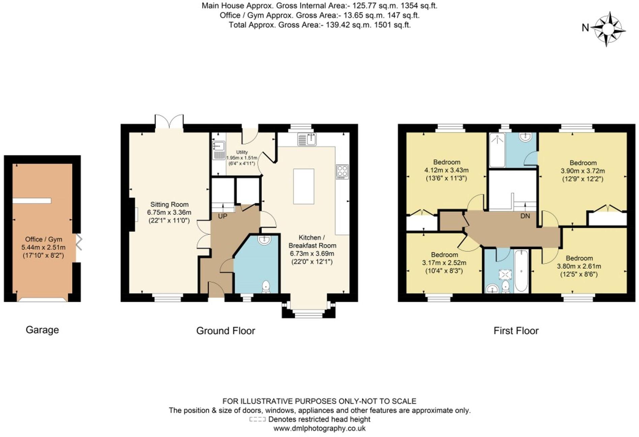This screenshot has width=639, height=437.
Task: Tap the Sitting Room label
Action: (x=169, y=204)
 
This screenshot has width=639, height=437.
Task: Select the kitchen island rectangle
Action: (x=303, y=186)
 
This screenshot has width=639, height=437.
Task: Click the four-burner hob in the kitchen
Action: (x=342, y=172)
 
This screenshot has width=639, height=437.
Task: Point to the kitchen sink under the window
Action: (x=307, y=139)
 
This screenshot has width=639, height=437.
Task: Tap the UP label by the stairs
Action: (x=222, y=216)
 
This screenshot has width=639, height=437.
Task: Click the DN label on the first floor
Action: (x=525, y=216)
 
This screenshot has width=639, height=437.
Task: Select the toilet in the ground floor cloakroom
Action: (x=266, y=287)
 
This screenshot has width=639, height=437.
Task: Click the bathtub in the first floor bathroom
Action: (x=521, y=271)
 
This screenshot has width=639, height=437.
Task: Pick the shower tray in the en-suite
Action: (x=497, y=150)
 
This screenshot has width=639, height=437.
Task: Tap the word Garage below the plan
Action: (x=42, y=330)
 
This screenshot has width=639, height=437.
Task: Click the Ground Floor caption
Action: (x=225, y=331)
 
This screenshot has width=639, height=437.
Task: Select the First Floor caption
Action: (x=516, y=331)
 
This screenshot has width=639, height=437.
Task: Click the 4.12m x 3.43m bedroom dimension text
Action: (x=446, y=170)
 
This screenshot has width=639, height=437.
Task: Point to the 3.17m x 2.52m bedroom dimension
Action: (x=444, y=263)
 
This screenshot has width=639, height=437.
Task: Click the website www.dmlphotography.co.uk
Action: (x=319, y=428)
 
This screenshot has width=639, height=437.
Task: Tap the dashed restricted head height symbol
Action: (x=257, y=419)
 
